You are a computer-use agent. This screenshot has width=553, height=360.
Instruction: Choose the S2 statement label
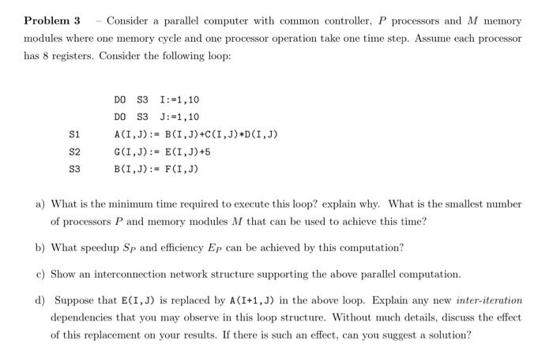tap(75, 152)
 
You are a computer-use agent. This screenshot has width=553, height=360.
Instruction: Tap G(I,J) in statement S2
tap(131, 152)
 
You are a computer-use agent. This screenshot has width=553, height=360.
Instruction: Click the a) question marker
tap(40, 204)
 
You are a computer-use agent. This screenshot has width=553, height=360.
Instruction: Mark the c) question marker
tap(40, 274)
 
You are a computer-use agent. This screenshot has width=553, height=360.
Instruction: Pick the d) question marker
tap(40, 301)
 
